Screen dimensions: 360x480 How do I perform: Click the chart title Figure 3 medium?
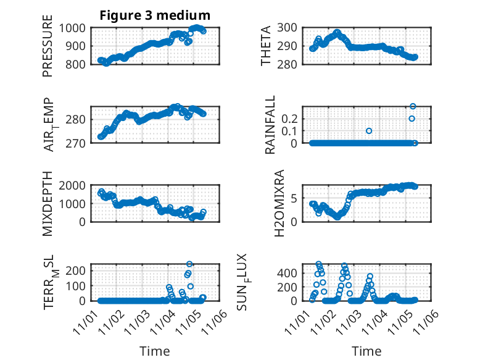pos(155,15)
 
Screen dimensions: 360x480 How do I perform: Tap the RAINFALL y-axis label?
pos(270,127)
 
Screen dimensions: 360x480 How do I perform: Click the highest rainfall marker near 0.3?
pos(413,106)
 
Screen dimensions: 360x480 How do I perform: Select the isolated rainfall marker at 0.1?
pos(369,131)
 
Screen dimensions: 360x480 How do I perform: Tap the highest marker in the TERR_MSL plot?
pos(189,264)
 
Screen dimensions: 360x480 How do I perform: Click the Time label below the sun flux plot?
pos(366,351)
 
